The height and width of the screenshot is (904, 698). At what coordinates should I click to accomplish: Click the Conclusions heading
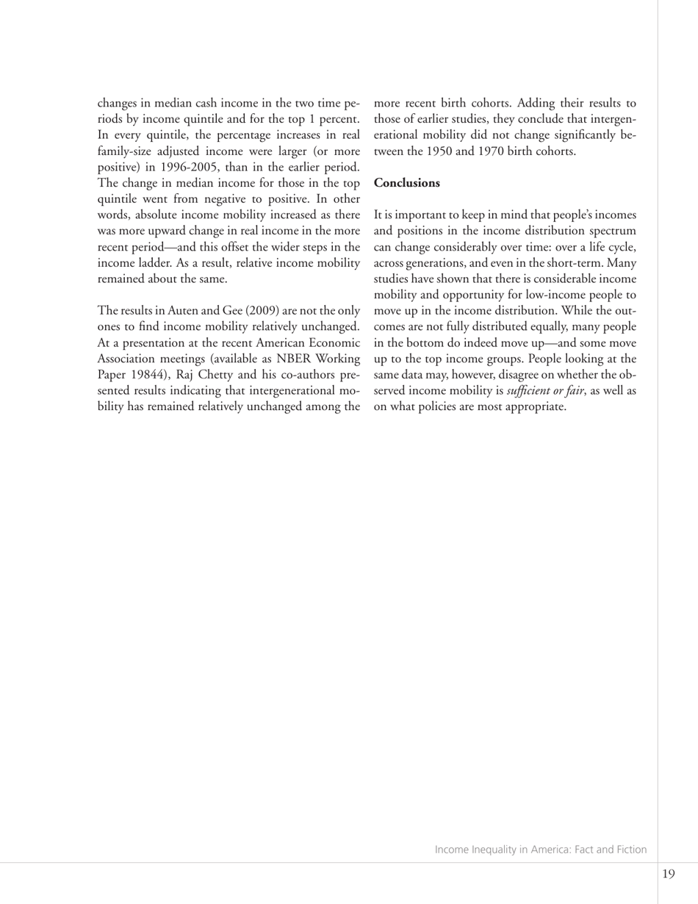(407, 183)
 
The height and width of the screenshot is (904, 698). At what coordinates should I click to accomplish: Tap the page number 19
(668, 874)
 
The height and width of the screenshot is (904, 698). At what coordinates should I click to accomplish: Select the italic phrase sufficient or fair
(544, 391)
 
